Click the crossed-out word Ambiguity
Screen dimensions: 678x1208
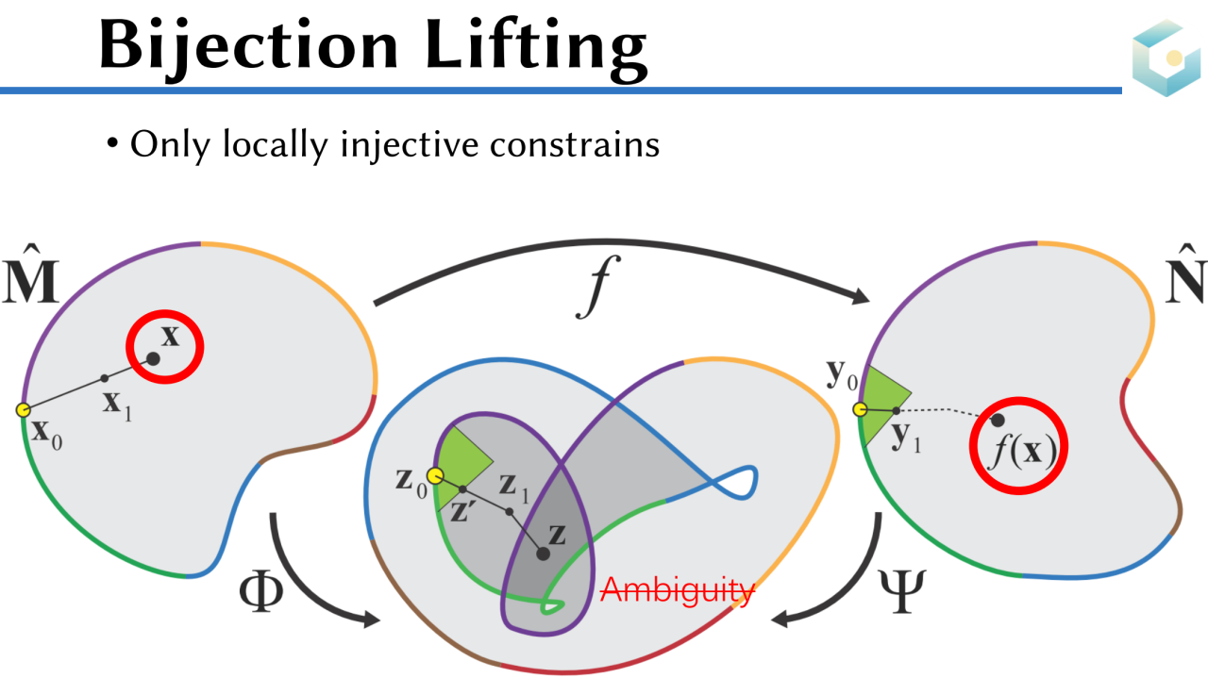[678, 590]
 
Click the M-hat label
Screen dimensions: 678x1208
[30, 280]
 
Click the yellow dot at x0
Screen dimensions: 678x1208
[24, 409]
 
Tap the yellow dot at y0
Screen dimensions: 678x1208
[860, 409]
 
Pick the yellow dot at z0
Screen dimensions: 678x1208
[435, 476]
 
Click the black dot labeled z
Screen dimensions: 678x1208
[543, 554]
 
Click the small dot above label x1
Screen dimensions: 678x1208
[105, 378]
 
